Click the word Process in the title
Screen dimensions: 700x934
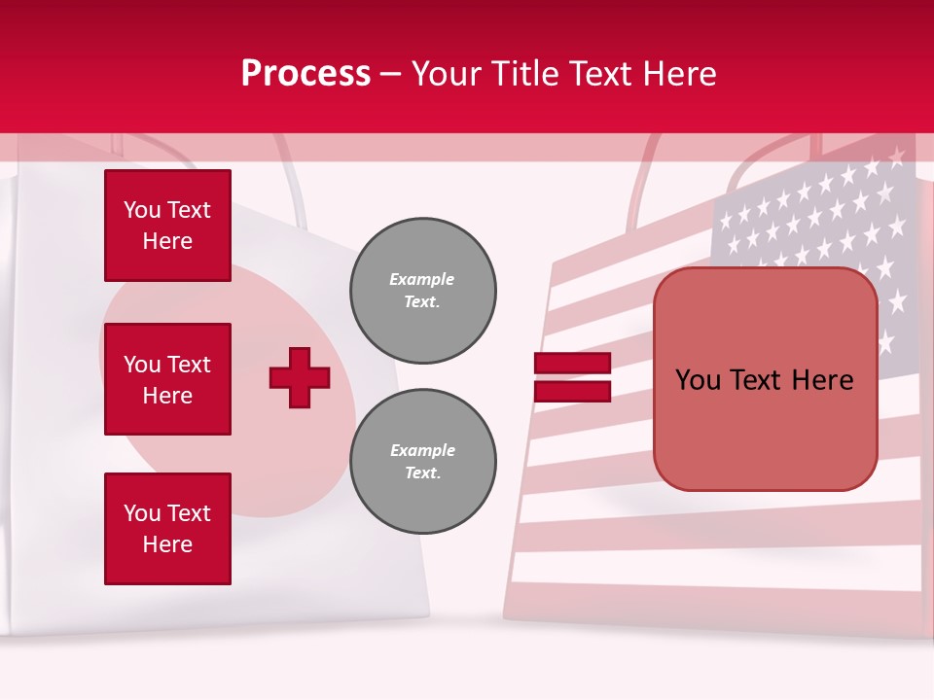tap(305, 74)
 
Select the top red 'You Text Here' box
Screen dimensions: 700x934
tap(167, 226)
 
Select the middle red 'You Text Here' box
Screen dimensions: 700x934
tap(167, 379)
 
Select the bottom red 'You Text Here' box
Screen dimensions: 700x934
tap(167, 529)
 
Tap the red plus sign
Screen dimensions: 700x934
tap(300, 377)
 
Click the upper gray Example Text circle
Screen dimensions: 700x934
tap(422, 290)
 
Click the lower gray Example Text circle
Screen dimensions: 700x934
tap(422, 461)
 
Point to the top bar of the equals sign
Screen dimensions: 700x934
tap(572, 363)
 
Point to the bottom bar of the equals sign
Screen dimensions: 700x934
tap(572, 391)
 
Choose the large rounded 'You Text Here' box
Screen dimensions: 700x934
tap(765, 379)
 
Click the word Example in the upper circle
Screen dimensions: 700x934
tap(422, 279)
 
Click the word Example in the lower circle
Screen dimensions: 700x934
tap(422, 450)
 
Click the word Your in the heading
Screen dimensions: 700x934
tap(447, 74)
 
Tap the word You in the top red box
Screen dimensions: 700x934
tap(142, 210)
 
